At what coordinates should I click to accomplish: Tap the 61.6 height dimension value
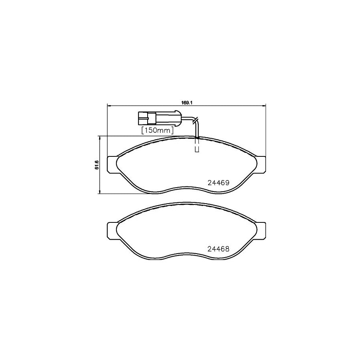96,165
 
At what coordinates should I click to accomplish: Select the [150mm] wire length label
157,130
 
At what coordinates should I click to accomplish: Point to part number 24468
218,248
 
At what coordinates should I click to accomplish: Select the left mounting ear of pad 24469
112,164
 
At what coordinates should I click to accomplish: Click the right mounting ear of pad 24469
260,164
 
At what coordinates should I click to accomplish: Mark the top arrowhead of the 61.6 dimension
99,138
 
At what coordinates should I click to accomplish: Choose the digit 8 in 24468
227,248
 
